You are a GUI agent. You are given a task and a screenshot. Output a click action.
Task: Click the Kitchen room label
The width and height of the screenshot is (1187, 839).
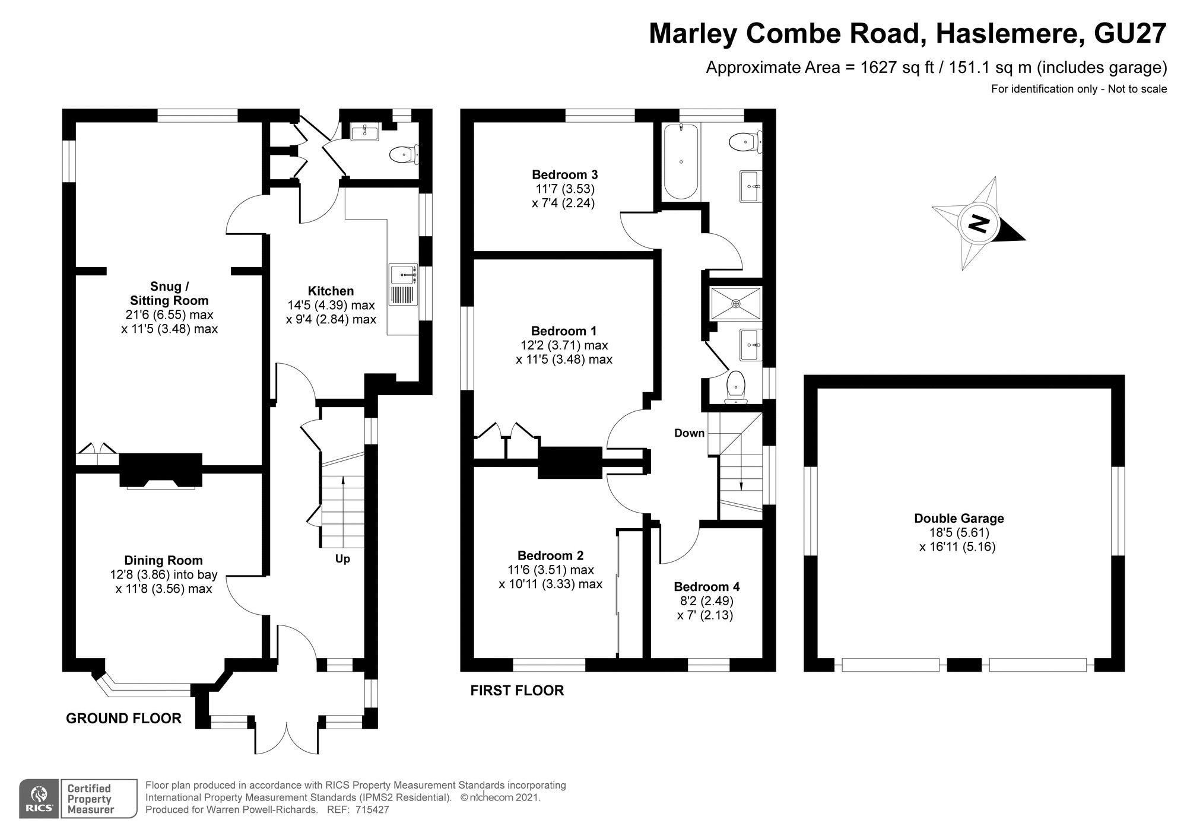tap(331, 291)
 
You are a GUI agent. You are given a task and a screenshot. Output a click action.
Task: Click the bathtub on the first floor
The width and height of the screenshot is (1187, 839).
tap(681, 161)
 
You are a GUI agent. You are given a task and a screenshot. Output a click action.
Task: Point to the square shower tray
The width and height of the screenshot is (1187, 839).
tap(736, 304)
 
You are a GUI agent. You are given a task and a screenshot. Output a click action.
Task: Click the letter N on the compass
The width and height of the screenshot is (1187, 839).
tap(978, 224)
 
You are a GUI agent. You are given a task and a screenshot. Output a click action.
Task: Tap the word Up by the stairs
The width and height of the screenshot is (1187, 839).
tap(342, 559)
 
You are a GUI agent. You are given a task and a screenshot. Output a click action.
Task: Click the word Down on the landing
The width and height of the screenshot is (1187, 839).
tap(689, 433)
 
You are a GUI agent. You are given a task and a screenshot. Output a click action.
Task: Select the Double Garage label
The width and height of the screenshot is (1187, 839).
tap(959, 518)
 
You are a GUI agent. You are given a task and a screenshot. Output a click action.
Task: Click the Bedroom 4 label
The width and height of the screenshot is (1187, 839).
tap(706, 587)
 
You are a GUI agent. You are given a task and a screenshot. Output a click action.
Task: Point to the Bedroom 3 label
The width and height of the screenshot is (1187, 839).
tap(564, 174)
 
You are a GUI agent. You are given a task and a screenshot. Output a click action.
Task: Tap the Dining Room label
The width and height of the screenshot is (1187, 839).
tap(163, 560)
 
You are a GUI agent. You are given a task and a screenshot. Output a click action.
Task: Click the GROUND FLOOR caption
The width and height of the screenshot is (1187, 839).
tap(123, 719)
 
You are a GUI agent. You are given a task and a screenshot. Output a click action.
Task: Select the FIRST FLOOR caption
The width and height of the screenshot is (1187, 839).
tap(517, 691)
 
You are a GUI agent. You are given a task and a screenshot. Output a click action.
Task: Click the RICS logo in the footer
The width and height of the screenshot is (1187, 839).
tap(39, 799)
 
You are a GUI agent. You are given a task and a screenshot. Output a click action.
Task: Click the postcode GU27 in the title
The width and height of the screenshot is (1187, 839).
tap(1130, 33)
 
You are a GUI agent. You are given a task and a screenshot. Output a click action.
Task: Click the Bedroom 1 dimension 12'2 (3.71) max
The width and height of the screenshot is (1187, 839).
tap(564, 345)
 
